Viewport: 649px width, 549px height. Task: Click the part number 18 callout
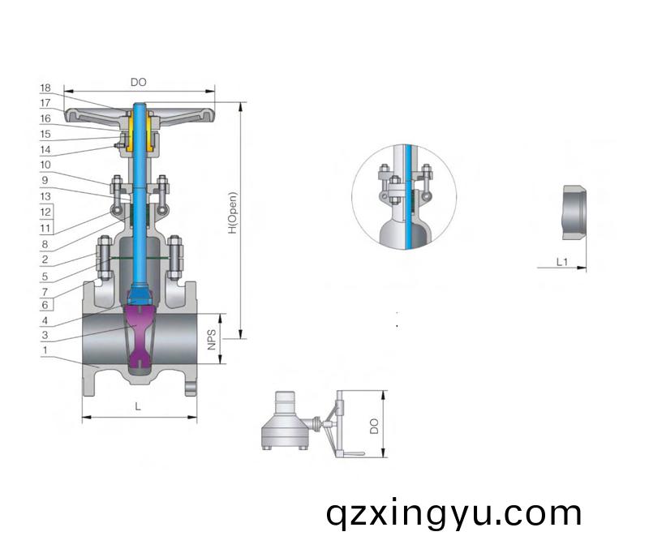(x=45, y=88)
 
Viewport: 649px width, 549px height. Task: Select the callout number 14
(x=45, y=149)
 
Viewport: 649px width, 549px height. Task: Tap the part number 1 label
(x=45, y=350)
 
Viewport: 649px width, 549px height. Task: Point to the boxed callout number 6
(x=45, y=305)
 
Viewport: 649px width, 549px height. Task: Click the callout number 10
(x=45, y=165)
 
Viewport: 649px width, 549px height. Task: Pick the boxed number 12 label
(x=45, y=212)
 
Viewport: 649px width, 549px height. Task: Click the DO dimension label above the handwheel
(x=139, y=83)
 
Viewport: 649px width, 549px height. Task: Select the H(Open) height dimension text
(x=233, y=212)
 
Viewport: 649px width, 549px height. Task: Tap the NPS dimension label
(x=212, y=339)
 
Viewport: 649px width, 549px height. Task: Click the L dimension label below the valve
(x=138, y=407)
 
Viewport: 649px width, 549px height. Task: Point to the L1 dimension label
(x=561, y=262)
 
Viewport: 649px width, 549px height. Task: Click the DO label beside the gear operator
(x=374, y=426)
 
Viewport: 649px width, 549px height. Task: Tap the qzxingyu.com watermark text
(x=453, y=514)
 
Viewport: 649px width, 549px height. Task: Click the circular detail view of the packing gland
(x=404, y=196)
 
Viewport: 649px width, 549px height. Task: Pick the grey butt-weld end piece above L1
(x=574, y=212)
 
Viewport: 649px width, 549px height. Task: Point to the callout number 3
(x=45, y=335)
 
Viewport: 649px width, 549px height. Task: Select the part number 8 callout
(x=45, y=244)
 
